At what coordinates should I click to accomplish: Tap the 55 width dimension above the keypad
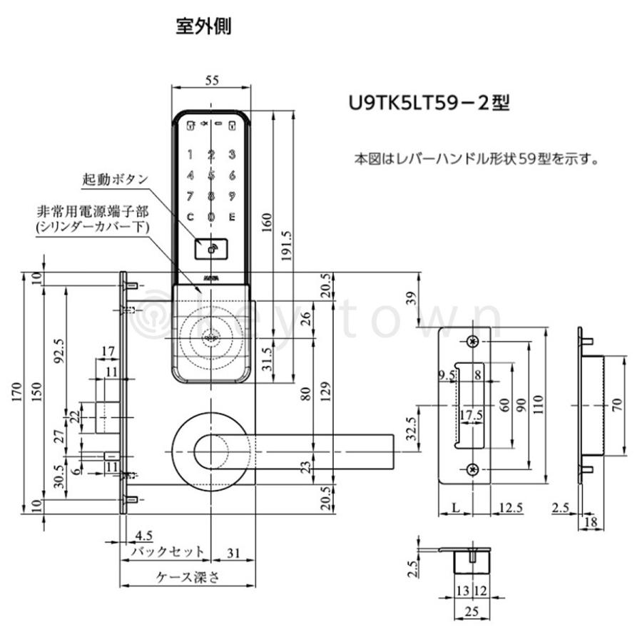click(x=211, y=81)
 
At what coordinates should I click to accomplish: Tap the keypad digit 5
click(x=211, y=175)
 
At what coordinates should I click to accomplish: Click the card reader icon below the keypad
click(x=211, y=250)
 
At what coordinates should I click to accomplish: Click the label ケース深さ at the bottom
click(x=188, y=578)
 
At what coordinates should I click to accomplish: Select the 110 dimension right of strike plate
click(x=558, y=405)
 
